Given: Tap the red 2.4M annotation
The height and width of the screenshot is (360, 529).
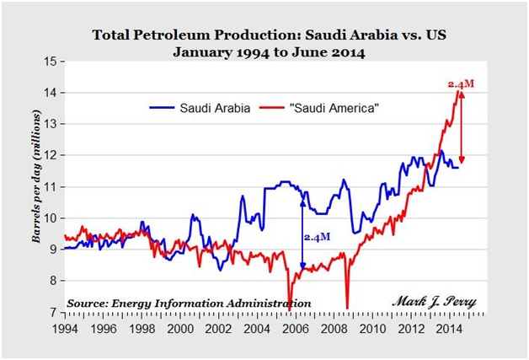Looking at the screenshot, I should point(456,83).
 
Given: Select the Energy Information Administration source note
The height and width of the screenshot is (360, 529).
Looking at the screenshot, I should point(189,303).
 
